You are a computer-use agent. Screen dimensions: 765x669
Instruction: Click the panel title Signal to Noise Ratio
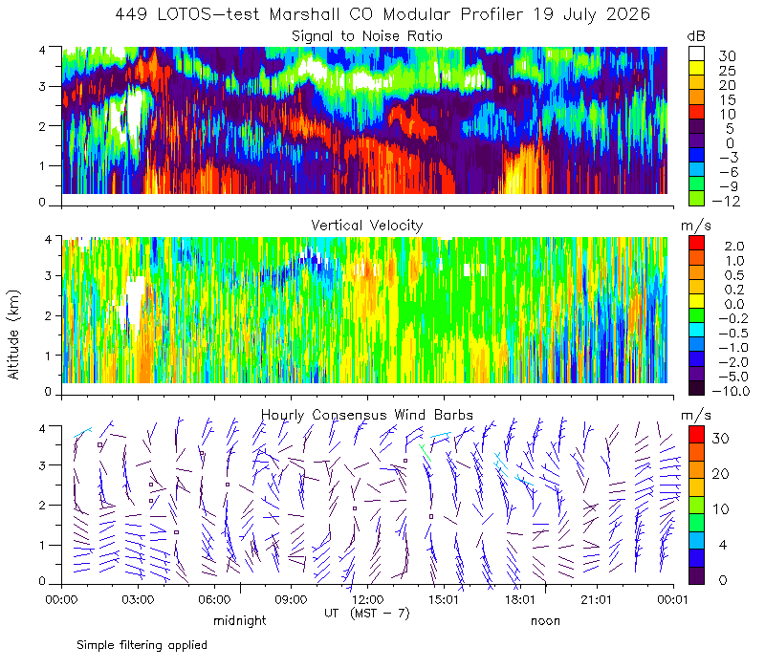(367, 36)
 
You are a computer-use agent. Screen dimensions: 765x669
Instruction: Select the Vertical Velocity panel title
(367, 226)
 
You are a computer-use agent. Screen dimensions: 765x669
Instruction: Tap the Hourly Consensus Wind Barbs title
(367, 415)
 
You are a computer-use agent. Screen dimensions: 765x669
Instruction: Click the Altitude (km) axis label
(13, 334)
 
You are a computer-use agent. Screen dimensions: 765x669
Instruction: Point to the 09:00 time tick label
(291, 599)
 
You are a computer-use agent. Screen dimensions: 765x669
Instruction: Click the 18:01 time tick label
(520, 599)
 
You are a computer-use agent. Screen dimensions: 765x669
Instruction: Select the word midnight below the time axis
(240, 620)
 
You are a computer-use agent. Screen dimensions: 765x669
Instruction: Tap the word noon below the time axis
(545, 620)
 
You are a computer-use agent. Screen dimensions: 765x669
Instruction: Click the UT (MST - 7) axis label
(367, 613)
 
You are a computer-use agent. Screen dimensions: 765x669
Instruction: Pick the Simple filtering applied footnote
(142, 646)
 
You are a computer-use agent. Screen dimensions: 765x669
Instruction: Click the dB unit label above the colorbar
(696, 36)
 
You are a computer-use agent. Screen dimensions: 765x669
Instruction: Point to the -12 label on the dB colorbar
(727, 201)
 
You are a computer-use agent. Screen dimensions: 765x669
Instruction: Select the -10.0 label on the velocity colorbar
(731, 391)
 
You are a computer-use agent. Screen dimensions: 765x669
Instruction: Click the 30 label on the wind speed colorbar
(721, 439)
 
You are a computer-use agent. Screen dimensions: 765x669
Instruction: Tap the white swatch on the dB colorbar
(696, 54)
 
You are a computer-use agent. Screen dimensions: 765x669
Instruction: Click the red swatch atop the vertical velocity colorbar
(696, 244)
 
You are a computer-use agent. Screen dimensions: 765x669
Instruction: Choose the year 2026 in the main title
(628, 14)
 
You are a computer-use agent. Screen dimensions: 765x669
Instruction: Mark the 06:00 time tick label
(214, 599)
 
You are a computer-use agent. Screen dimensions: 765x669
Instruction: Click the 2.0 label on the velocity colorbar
(734, 247)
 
